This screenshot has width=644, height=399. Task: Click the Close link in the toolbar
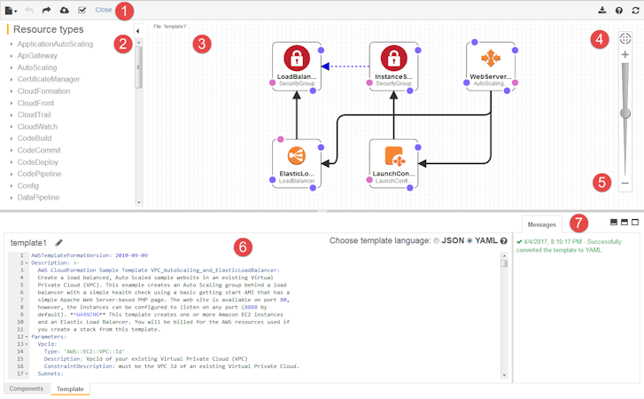click(104, 11)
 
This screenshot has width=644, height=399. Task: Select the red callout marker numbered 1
click(126, 12)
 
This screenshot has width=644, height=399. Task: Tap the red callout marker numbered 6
click(244, 246)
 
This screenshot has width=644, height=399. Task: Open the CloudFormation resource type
click(43, 90)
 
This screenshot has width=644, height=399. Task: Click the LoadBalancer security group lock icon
click(297, 59)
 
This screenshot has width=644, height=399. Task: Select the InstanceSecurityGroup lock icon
click(393, 59)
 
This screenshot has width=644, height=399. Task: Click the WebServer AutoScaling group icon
click(490, 59)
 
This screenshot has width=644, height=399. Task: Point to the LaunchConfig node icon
click(393, 157)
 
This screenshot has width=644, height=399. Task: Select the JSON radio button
click(437, 240)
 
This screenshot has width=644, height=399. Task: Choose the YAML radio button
click(469, 240)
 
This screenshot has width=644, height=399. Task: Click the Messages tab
click(541, 225)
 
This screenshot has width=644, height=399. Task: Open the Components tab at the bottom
click(26, 388)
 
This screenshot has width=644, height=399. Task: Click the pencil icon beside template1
click(59, 241)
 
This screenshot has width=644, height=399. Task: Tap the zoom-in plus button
click(625, 55)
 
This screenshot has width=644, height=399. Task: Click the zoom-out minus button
click(625, 184)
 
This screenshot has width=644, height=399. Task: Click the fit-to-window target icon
click(625, 38)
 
